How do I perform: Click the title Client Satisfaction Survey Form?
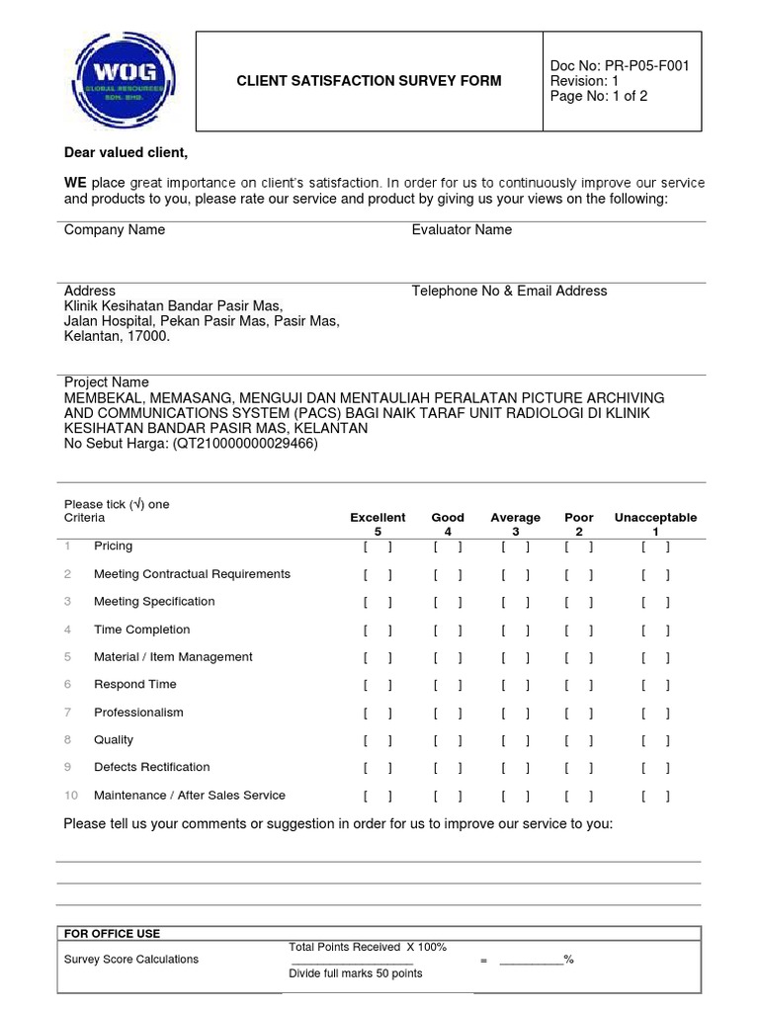click(369, 81)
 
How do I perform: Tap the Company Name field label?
click(115, 230)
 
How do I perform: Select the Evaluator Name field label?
click(462, 230)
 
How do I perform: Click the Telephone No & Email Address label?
click(509, 292)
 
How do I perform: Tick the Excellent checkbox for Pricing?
click(378, 547)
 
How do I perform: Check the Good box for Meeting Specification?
click(447, 602)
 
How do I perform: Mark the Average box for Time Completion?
click(515, 630)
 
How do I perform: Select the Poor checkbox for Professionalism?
click(578, 713)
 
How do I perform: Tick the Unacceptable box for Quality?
click(655, 740)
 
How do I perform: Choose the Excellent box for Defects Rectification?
click(378, 768)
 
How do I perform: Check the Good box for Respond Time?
click(447, 685)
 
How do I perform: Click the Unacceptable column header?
click(655, 518)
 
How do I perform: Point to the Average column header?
click(515, 518)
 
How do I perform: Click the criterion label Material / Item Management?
click(173, 657)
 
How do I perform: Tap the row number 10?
click(71, 796)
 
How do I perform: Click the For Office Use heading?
click(112, 934)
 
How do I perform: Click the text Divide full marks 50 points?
click(355, 973)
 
